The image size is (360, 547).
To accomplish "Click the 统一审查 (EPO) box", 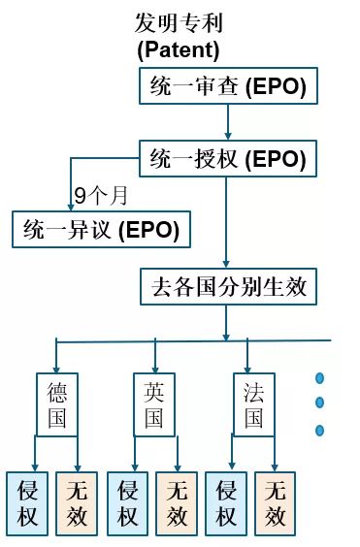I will click(x=228, y=87).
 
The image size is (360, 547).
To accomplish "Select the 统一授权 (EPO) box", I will click(x=228, y=157).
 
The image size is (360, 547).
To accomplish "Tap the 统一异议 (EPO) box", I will click(x=102, y=230).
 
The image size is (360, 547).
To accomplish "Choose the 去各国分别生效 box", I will click(x=228, y=286).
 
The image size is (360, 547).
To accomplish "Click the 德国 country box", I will click(x=57, y=404).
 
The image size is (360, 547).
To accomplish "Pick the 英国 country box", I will click(x=153, y=404).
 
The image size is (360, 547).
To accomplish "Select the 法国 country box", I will click(x=253, y=404).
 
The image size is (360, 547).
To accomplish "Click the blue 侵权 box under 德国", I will click(x=27, y=503).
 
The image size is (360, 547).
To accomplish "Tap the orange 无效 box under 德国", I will click(x=77, y=503).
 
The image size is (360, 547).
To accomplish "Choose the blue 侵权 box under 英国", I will click(x=127, y=503).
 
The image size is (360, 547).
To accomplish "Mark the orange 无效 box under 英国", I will click(x=176, y=503).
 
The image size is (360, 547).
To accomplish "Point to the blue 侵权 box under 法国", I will click(x=227, y=503).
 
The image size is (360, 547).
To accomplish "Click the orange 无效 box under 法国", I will click(x=276, y=503).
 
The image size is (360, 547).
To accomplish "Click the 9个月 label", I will click(x=101, y=195).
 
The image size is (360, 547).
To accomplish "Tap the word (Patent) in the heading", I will click(x=179, y=48).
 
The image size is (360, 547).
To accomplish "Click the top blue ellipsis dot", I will click(x=318, y=378).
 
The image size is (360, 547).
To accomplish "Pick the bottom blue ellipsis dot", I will click(x=318, y=430).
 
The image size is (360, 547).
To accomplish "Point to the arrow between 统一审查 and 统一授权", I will click(x=227, y=121).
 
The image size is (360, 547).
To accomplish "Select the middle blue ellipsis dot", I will click(x=318, y=403).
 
